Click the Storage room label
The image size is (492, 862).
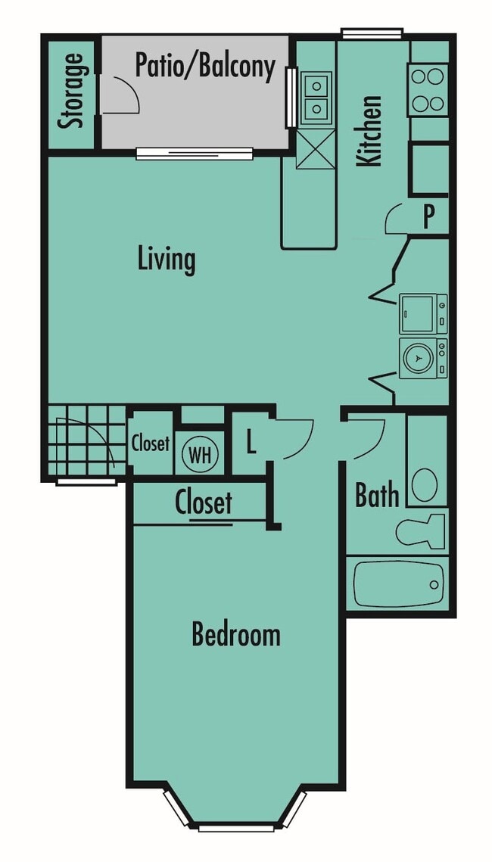[73, 91]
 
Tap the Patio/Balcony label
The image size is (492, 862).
[204, 66]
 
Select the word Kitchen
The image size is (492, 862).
[370, 129]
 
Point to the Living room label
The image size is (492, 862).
[167, 259]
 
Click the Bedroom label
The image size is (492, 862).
[235, 634]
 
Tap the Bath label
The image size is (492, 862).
[377, 496]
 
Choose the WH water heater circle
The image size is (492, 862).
[200, 456]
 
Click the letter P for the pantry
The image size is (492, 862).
[428, 217]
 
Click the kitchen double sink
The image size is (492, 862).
[316, 98]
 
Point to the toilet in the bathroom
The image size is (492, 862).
[420, 529]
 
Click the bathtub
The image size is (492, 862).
[397, 583]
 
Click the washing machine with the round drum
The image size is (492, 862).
[422, 359]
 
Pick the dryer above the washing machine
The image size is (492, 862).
[422, 313]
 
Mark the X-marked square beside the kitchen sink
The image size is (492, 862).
[316, 148]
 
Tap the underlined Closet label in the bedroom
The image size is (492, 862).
[203, 503]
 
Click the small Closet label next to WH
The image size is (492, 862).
[150, 443]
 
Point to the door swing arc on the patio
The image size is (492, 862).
[124, 94]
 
